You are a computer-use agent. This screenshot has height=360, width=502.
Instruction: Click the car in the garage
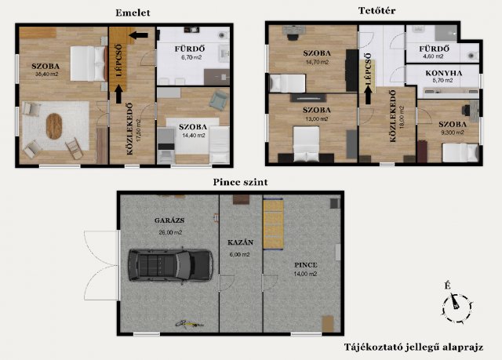click(170, 265)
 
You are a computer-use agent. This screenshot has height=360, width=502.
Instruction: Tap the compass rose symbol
click(457, 307)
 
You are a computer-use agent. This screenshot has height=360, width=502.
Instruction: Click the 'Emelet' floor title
click(133, 13)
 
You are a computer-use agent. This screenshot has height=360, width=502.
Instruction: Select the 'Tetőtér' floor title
click(376, 10)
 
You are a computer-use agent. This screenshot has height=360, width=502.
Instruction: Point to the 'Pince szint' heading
click(241, 182)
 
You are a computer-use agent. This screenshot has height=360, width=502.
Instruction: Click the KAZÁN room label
click(241, 242)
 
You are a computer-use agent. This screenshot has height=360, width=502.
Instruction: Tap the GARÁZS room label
click(169, 220)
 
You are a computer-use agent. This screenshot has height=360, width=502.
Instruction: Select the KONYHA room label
click(444, 73)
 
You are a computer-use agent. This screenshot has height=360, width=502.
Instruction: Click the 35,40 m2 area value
click(47, 75)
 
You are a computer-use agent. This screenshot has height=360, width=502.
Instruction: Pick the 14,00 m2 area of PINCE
click(305, 274)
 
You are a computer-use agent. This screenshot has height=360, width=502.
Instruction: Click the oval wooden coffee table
click(54, 126)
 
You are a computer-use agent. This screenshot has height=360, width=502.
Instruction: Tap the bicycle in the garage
click(189, 324)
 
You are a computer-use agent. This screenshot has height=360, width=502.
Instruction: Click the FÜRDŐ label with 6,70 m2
click(190, 49)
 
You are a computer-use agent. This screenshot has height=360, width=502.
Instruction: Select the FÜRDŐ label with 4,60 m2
click(434, 49)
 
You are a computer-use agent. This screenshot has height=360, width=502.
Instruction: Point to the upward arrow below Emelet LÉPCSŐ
click(118, 94)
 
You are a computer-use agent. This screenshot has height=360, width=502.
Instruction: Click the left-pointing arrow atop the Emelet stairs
click(138, 35)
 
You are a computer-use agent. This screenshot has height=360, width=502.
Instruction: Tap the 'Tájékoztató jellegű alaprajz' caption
click(413, 347)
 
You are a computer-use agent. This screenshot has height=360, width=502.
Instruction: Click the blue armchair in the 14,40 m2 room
click(218, 100)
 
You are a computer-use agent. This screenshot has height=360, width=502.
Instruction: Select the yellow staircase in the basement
click(273, 224)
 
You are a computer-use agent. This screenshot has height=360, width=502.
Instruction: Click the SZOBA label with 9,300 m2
click(453, 125)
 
